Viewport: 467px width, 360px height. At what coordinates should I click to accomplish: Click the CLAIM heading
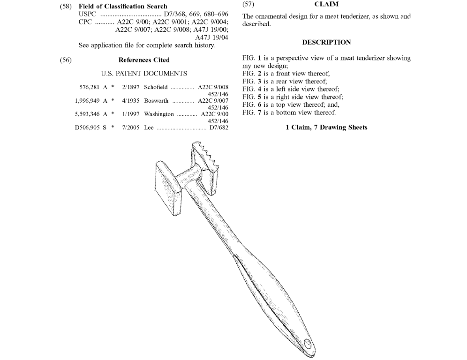click(326, 5)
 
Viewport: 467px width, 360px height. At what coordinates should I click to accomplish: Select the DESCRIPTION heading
click(326, 42)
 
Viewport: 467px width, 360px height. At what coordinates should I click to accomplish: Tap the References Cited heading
click(144, 60)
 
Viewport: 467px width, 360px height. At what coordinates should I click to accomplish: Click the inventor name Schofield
click(156, 87)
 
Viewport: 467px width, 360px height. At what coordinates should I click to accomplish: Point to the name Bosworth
click(156, 101)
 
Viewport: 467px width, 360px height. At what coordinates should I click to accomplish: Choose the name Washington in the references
click(159, 114)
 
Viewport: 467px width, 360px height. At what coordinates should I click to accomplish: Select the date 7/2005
click(130, 127)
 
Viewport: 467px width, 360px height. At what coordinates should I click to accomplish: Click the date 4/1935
click(130, 101)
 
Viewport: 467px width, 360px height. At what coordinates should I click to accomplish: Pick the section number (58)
click(66, 6)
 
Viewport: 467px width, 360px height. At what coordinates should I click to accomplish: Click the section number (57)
click(248, 5)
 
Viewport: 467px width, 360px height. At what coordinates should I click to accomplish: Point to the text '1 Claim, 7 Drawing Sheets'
click(326, 127)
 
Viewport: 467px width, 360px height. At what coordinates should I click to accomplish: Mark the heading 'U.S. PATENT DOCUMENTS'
click(144, 74)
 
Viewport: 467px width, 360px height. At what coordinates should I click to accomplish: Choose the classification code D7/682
click(218, 127)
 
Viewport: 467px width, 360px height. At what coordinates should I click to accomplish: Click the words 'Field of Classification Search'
click(123, 6)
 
